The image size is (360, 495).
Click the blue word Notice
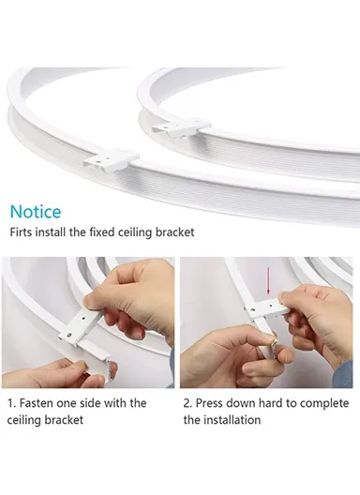(36, 213)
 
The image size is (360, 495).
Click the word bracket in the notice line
(175, 232)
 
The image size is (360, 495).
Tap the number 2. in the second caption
(188, 403)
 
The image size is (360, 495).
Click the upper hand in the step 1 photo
(141, 291)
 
